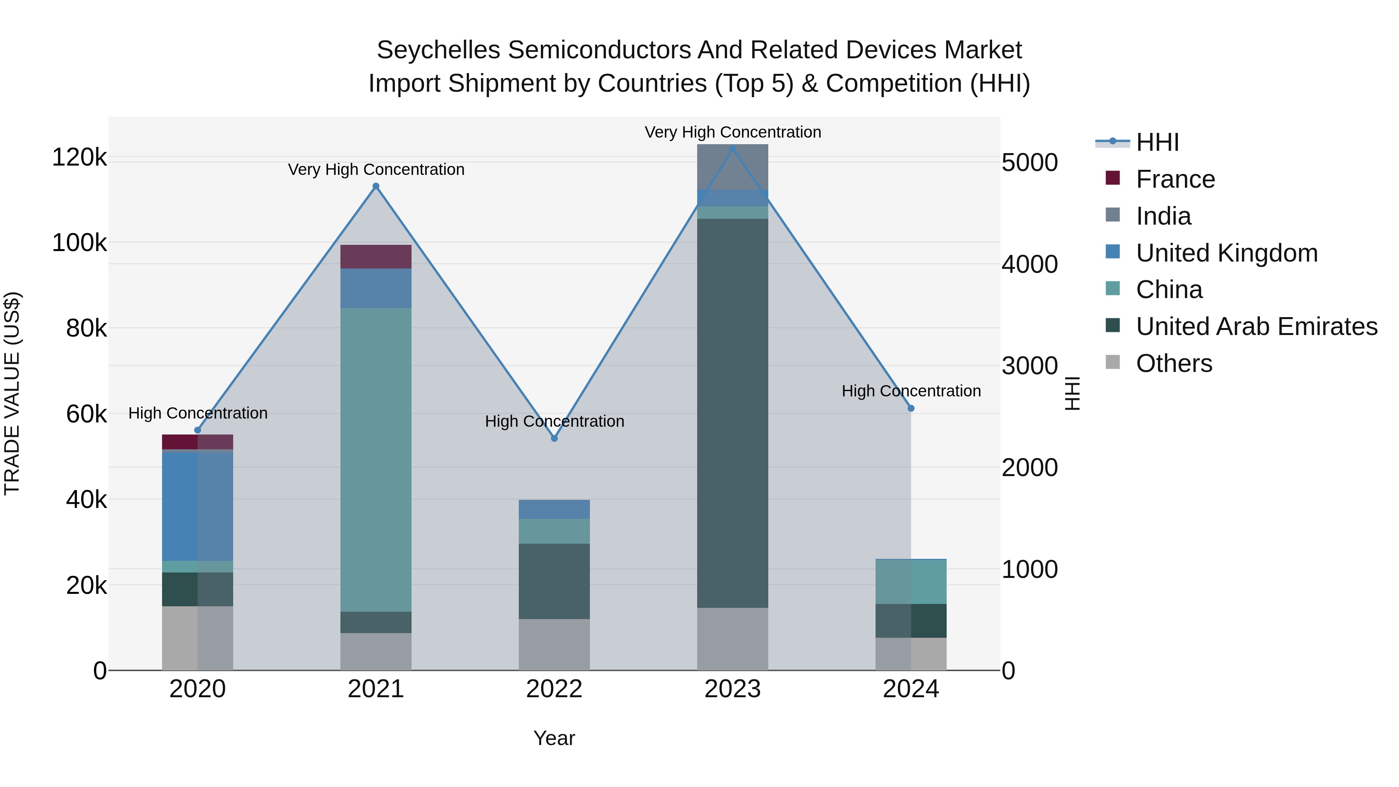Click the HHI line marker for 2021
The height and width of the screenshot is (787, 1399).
pyautogui.click(x=376, y=186)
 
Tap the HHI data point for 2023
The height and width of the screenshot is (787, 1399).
pyautogui.click(x=733, y=149)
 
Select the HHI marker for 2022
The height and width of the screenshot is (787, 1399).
pyautogui.click(x=555, y=438)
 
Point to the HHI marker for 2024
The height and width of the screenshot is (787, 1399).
pyautogui.click(x=911, y=408)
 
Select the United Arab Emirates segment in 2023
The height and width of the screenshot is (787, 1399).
pyautogui.click(x=733, y=413)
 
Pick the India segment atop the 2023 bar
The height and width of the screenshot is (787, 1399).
pyautogui.click(x=733, y=167)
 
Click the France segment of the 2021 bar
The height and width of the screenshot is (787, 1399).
pyautogui.click(x=376, y=257)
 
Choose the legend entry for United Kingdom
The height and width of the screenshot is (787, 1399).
pyautogui.click(x=1226, y=253)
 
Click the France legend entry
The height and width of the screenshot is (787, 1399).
pyautogui.click(x=1175, y=179)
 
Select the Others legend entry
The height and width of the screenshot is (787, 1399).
pyautogui.click(x=1174, y=363)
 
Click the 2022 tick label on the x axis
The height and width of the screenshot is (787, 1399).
pyautogui.click(x=555, y=689)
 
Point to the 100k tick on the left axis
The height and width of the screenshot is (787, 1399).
pyautogui.click(x=79, y=243)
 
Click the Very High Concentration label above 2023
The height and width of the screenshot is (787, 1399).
pyautogui.click(x=733, y=132)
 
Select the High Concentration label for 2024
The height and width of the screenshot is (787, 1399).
pyautogui.click(x=911, y=391)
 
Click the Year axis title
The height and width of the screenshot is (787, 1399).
pyautogui.click(x=554, y=738)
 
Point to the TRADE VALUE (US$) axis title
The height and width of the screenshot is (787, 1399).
pyautogui.click(x=12, y=393)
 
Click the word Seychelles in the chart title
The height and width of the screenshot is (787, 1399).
pyautogui.click(x=438, y=50)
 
